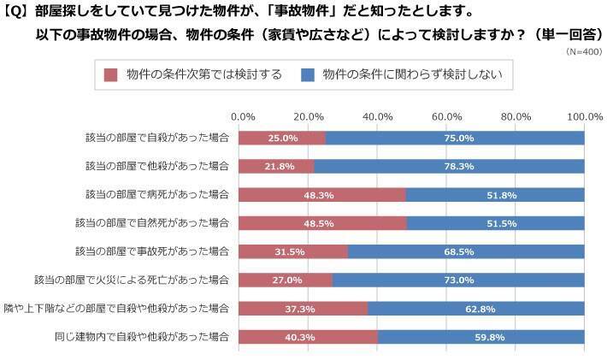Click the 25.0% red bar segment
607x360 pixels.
(282, 138)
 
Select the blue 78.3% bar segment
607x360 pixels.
(450, 166)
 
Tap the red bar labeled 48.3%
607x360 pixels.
(322, 194)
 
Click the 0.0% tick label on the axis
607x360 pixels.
(244, 116)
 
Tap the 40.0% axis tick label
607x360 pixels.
(378, 116)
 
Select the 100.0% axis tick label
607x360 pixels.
(586, 116)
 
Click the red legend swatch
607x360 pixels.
(110, 74)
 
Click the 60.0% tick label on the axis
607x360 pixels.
(446, 116)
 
